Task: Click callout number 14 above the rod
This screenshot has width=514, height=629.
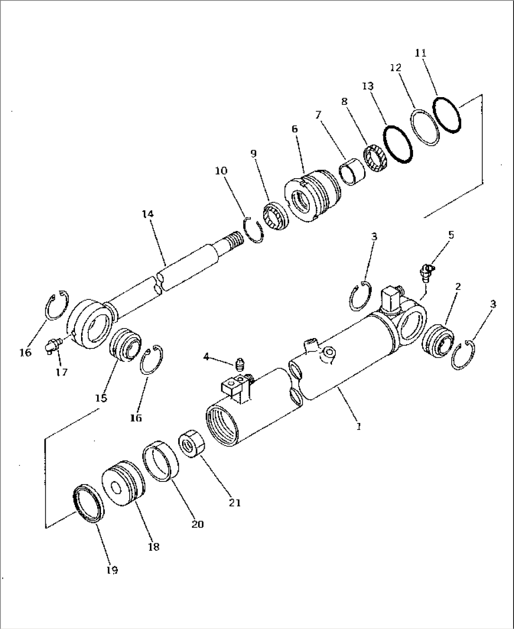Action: (x=148, y=215)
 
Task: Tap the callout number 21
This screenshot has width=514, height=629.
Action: (x=235, y=503)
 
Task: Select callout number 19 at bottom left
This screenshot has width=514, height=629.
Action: (x=112, y=570)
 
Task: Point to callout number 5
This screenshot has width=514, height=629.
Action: (x=451, y=235)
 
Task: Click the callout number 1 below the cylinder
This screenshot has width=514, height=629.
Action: (x=359, y=426)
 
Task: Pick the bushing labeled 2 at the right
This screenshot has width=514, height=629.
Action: (x=439, y=341)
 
